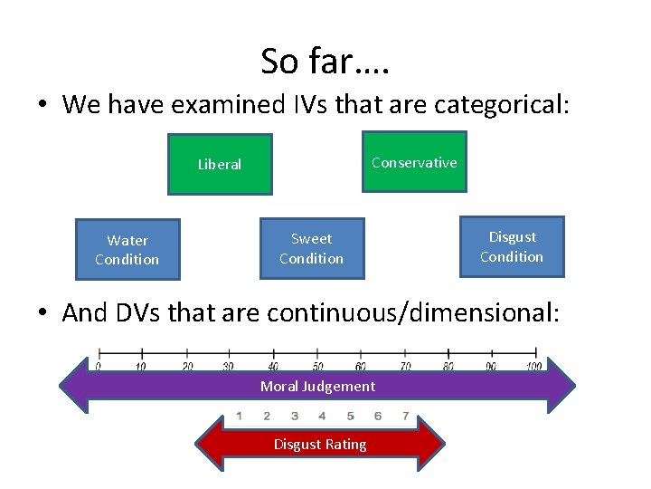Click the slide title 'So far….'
tap(325, 62)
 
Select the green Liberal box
tap(220, 165)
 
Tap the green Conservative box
tap(414, 163)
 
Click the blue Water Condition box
tap(127, 250)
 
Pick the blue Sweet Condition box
tap(311, 248)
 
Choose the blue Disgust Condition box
tap(512, 246)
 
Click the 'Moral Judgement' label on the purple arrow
tap(317, 387)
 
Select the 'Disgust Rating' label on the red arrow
tap(320, 445)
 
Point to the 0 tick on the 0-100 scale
tap(98, 366)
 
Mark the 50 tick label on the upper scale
tap(317, 366)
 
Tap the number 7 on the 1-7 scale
tap(405, 417)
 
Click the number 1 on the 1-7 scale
tap(239, 417)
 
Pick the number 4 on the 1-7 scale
tap(322, 417)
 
